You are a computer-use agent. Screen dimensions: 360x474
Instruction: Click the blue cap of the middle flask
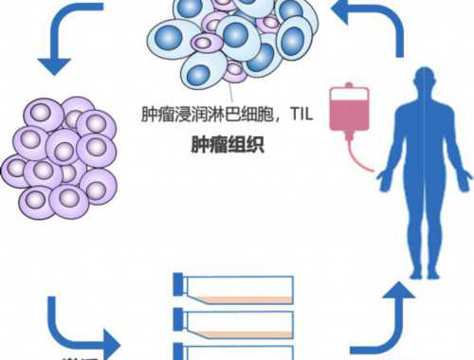pos(179,318)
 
